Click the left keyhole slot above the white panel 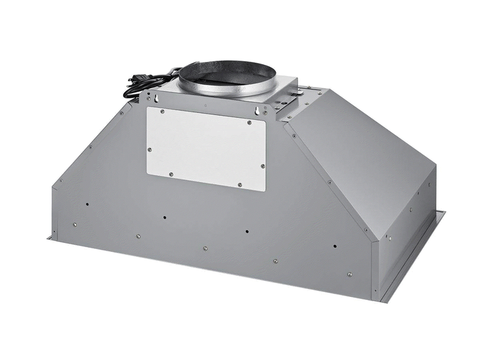pos(157,100)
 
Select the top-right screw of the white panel pos(248,122)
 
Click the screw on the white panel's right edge pos(262,166)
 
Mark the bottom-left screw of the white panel pos(170,174)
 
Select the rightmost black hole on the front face pos(334,245)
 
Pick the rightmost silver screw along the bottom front pos(350,274)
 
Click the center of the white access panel pos(206,148)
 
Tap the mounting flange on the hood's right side pos(414,258)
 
